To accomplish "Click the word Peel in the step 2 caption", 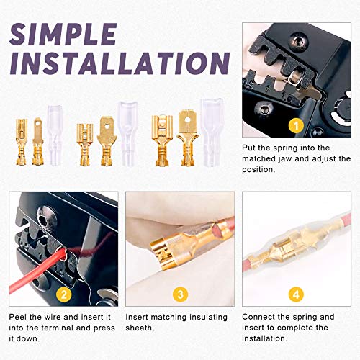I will (x=19, y=317).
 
